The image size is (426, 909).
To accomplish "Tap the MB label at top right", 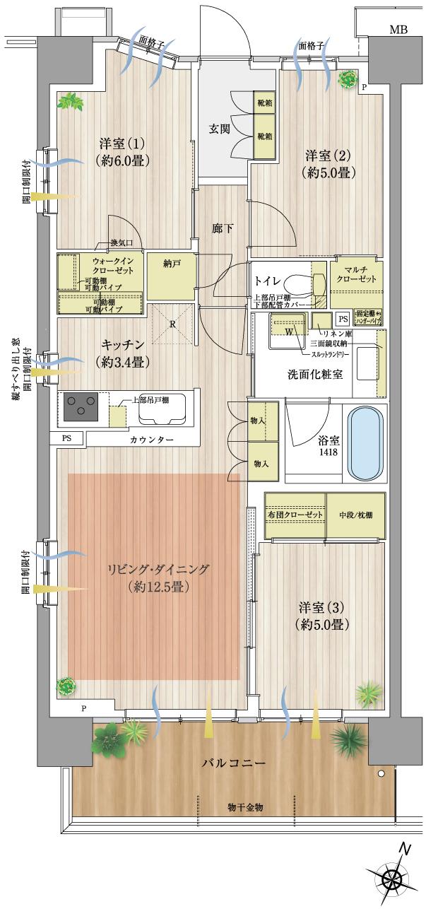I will (399, 30).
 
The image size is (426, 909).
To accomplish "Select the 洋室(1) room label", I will (120, 151).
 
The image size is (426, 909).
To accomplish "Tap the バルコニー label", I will (233, 764).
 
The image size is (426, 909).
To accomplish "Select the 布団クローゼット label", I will (295, 515).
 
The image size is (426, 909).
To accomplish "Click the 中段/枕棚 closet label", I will (355, 515).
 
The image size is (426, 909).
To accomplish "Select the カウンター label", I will (151, 440).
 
